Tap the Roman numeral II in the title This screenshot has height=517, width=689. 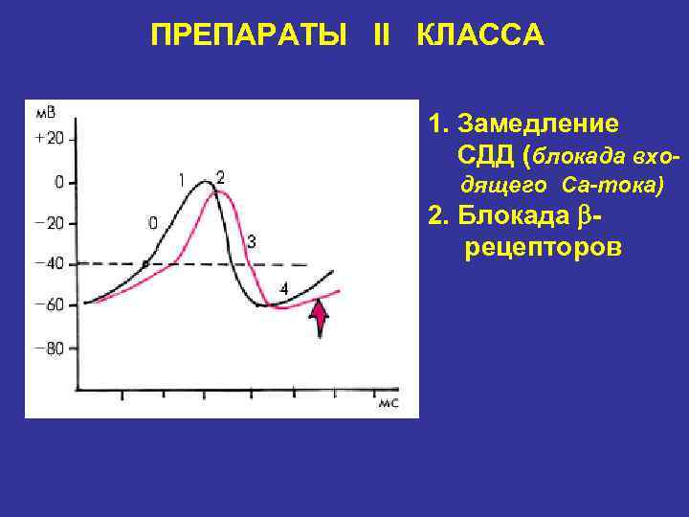pos(381,36)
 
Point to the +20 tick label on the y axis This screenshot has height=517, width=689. pos(49,138)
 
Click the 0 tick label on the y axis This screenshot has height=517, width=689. pos(58,181)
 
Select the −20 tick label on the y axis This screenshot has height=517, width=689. pos(49,223)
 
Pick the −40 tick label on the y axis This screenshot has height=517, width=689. pos(49,264)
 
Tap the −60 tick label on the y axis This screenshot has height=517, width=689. pos(49,305)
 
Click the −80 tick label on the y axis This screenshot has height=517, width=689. pos(49,348)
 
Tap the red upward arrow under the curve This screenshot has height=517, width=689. pos(320,318)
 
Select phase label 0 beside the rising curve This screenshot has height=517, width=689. pos(153,223)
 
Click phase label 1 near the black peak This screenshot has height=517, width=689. pos(182,179)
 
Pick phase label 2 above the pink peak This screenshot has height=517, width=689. pos(221,177)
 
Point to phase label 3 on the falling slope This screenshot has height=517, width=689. pos(251,241)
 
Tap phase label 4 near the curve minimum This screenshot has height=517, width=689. pos(283,288)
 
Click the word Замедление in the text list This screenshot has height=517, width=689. pos(538,125)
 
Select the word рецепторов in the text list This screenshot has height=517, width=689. pos(543,248)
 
